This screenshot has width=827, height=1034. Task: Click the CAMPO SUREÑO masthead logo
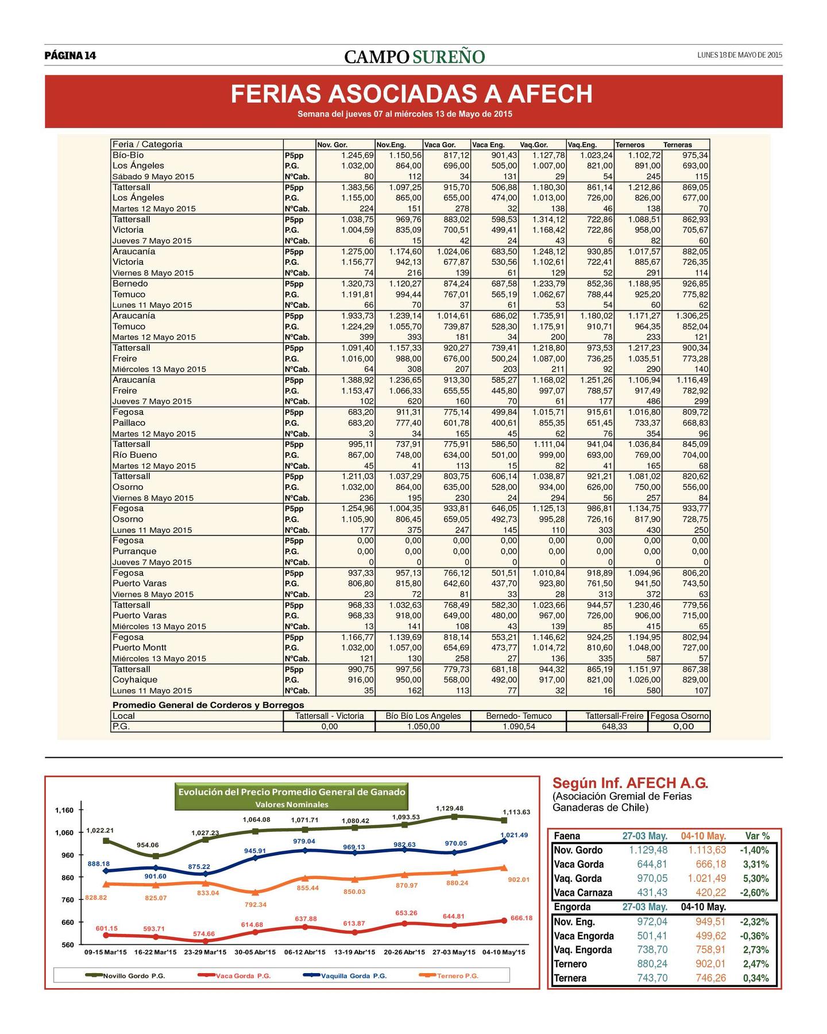coord(415,56)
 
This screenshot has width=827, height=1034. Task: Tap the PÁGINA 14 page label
coord(70,56)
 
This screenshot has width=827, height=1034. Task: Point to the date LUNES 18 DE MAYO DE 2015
coord(740,55)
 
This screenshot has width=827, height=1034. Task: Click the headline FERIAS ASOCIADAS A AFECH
coord(411,94)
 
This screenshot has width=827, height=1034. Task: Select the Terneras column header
coord(678,145)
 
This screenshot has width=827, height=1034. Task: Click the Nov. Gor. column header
coord(333,145)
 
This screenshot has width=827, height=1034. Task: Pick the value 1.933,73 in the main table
coord(357,316)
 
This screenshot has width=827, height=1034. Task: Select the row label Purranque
coord(134,551)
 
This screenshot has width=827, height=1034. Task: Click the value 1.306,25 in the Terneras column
coord(692,316)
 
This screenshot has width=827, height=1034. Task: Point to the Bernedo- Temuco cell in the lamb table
coord(519,716)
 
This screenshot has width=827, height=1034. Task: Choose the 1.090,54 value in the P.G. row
coord(519,727)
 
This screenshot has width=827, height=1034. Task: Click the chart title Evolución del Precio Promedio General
coord(292,792)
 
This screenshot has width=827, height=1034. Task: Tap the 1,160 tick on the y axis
coord(64,811)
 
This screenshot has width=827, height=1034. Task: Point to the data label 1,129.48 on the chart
coord(450,808)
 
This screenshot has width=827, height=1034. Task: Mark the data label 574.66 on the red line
coord(204,934)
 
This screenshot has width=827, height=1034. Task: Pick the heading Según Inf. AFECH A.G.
coord(631,783)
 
